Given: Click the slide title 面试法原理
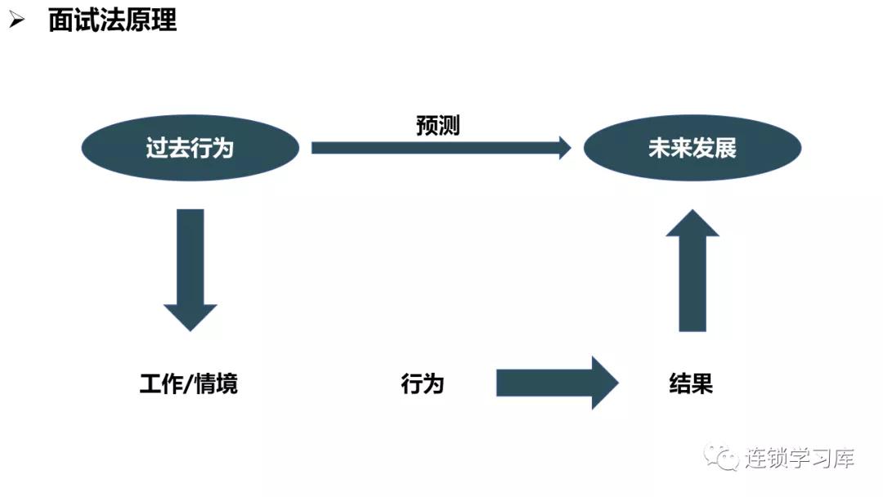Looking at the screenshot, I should [x=112, y=20].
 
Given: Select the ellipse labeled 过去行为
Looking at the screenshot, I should [x=190, y=148].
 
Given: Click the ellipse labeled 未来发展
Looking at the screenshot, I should [x=692, y=148].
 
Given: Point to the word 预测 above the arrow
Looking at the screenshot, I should [x=437, y=126].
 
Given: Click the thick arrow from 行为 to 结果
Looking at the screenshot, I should [x=556, y=383].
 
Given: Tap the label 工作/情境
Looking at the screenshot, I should [x=189, y=383].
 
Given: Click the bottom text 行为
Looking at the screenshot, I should [x=422, y=383].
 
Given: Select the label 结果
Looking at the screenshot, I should [x=691, y=383].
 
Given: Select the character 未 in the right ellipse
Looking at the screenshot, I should [x=658, y=148].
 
